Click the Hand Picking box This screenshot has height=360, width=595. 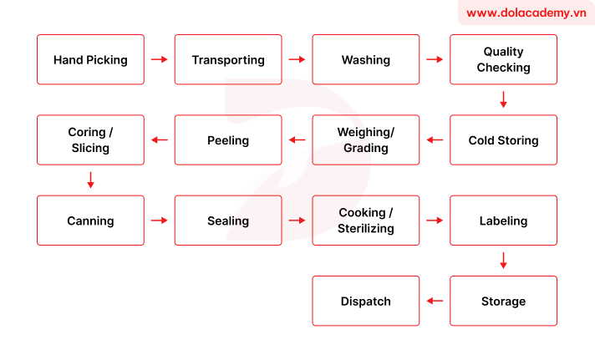coord(90,59)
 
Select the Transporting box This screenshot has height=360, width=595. coord(228,59)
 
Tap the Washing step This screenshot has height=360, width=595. coord(365,59)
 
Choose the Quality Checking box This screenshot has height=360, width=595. coord(503,59)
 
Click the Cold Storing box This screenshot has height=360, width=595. coord(503,140)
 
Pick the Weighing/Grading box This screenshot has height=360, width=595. coord(365,140)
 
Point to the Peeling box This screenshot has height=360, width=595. coord(228,140)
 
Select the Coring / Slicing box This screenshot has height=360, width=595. coord(90,140)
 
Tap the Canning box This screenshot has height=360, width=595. coord(90,221)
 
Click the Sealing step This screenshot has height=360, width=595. coord(228,221)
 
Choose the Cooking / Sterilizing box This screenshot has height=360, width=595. coord(365,221)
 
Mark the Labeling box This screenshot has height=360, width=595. coord(503,221)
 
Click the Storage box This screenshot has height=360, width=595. coord(503,301)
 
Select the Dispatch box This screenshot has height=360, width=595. coord(365,301)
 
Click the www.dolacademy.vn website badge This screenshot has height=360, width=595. coord(526,13)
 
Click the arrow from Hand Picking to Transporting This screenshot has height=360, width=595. coord(159,59)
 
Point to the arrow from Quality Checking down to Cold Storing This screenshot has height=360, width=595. coord(503,99)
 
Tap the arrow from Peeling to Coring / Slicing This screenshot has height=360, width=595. coord(159,140)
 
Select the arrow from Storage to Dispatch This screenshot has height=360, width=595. coord(435,301)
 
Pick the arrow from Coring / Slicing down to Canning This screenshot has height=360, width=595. coord(90,180)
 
